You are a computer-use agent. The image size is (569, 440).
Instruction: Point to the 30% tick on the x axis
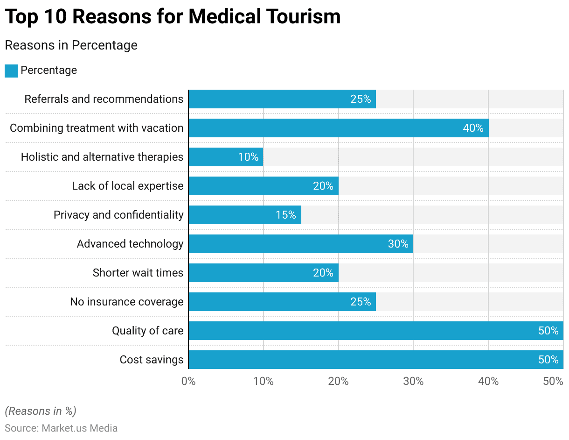413,381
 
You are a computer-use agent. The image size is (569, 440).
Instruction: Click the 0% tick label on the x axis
188,381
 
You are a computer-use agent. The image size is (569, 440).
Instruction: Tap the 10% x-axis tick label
264,381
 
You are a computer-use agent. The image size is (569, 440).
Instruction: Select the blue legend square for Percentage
11,71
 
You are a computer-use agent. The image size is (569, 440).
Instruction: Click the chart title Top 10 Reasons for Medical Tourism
173,17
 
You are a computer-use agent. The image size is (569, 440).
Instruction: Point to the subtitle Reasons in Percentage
71,45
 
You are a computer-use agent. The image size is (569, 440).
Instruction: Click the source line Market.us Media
61,428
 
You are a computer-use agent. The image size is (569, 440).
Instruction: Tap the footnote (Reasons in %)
41,411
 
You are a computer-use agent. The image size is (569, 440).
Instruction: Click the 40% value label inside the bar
473,128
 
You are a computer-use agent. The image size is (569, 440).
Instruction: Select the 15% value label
285,215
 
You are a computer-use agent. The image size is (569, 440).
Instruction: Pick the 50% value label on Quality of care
548,331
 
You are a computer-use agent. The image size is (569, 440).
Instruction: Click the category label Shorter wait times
138,273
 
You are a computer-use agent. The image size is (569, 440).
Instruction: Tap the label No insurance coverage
127,302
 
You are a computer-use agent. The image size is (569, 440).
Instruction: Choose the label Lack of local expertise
128,186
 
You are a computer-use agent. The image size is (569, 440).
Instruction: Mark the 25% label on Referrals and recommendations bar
361,99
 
